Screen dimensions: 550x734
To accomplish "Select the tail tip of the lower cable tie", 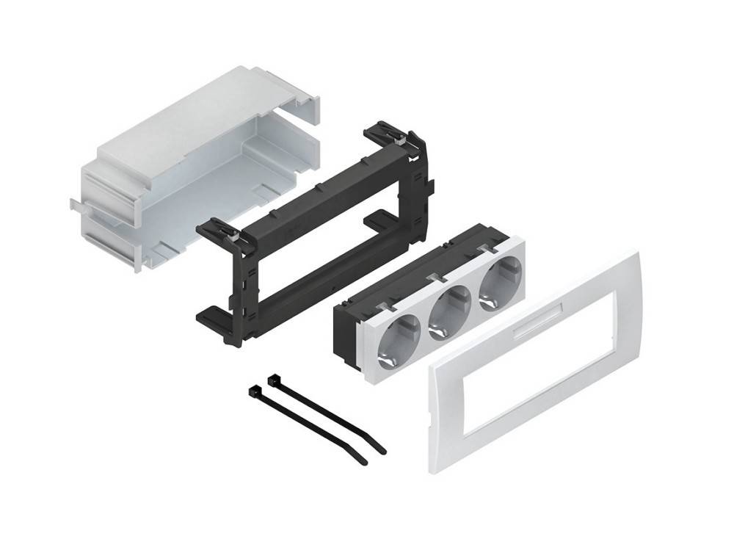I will click(363, 462).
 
